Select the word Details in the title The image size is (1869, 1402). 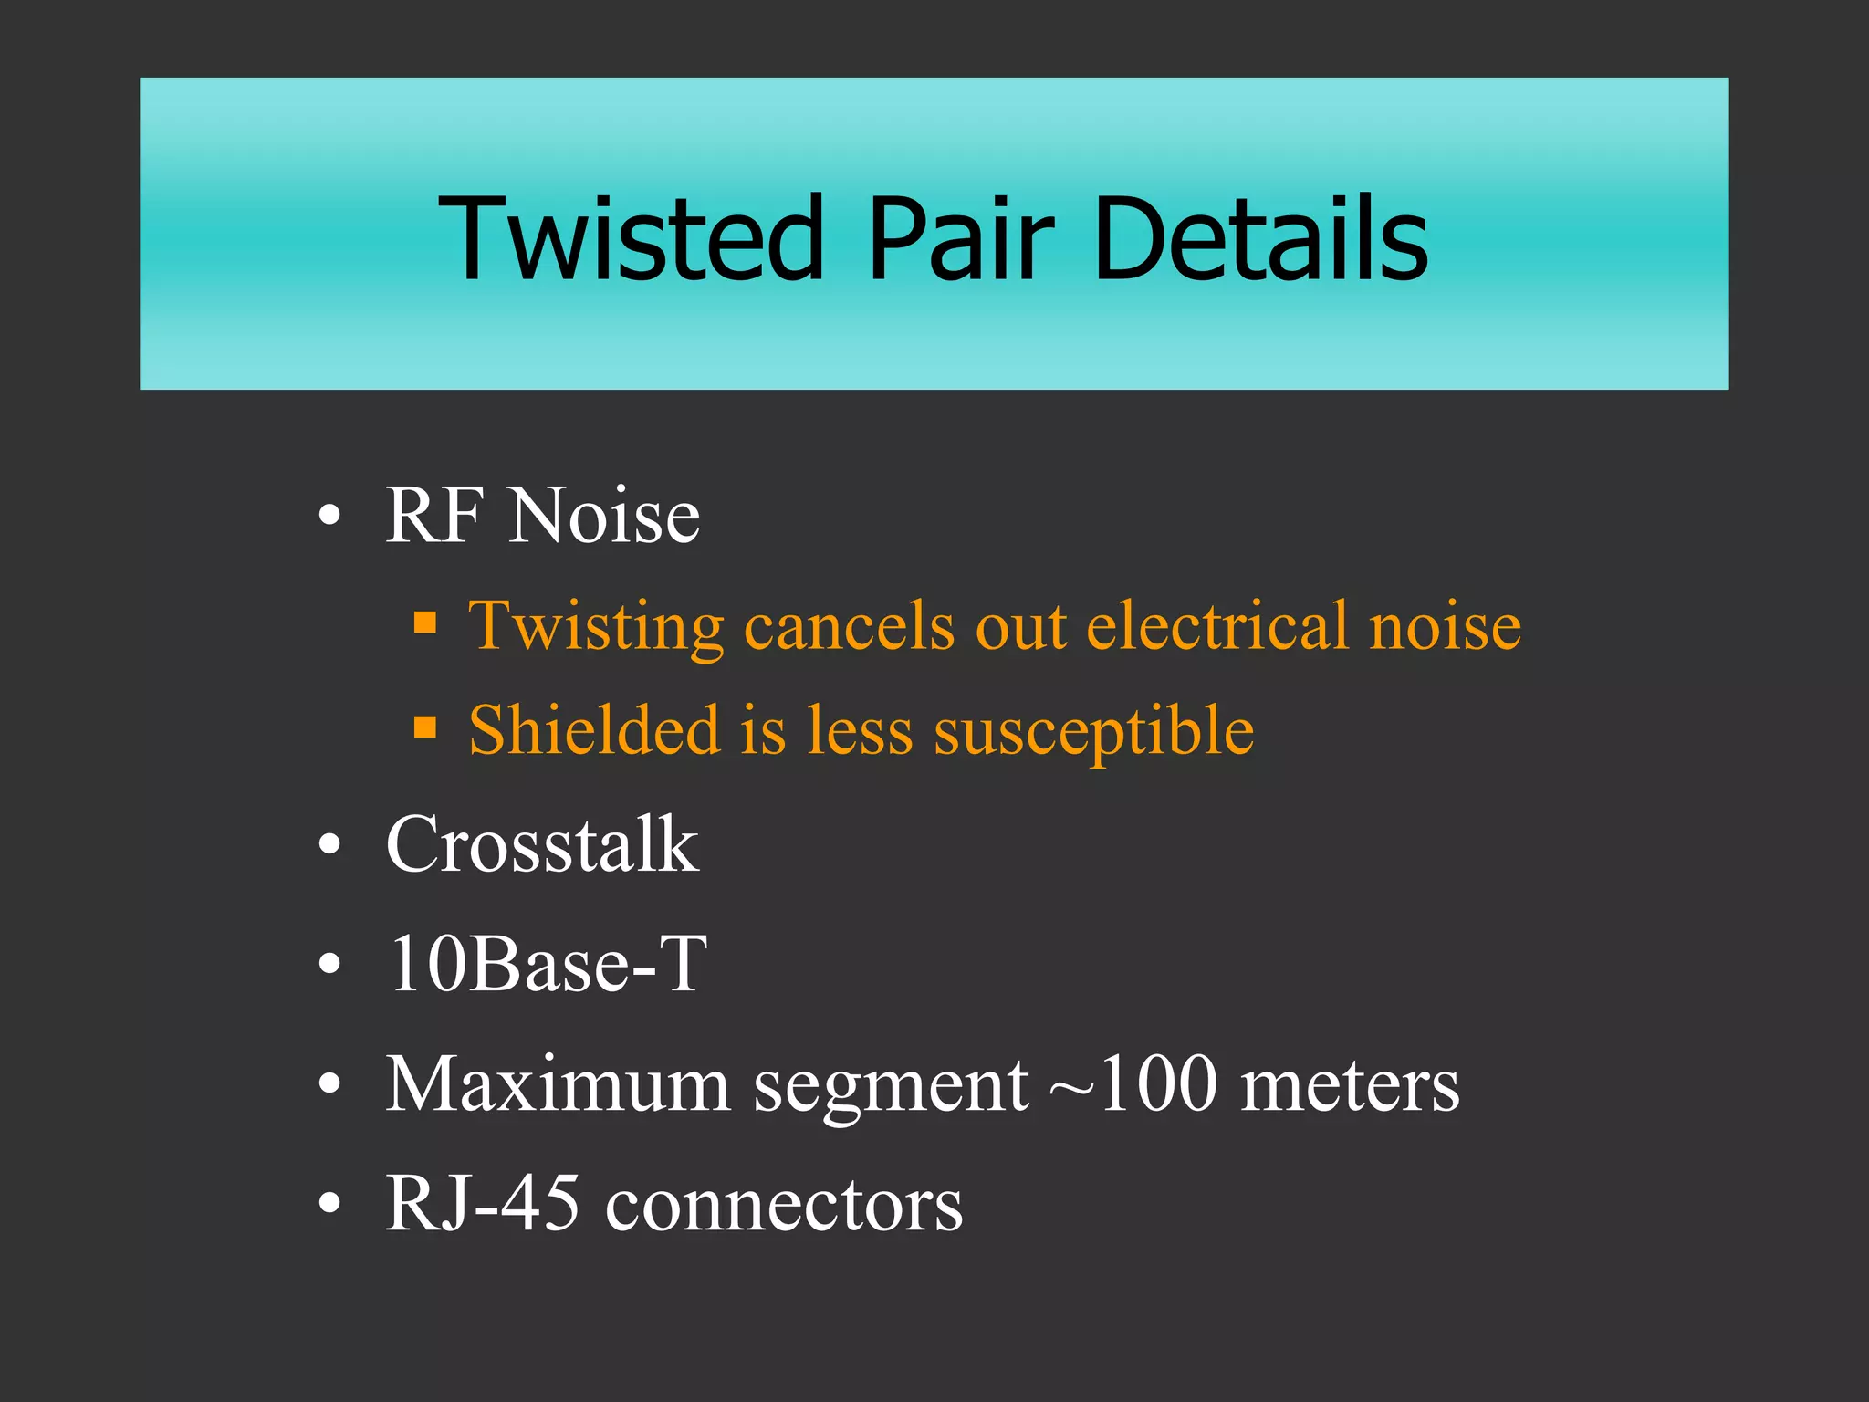(x=1260, y=238)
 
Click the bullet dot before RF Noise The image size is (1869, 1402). (x=330, y=517)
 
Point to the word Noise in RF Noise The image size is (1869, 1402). (x=605, y=517)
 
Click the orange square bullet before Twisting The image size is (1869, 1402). (x=425, y=624)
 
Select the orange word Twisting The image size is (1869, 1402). (x=596, y=628)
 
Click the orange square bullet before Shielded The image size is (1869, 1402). (x=425, y=727)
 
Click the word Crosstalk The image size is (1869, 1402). (x=542, y=844)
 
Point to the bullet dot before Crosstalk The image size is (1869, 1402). (x=330, y=845)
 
